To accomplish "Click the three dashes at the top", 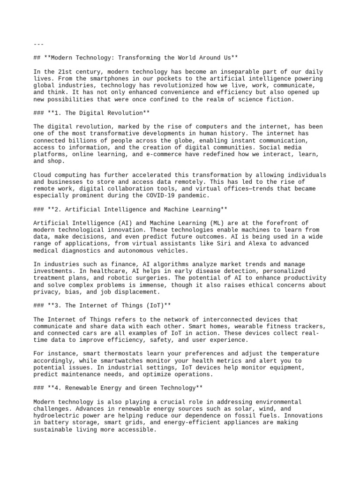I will pyautogui.click(x=38, y=44).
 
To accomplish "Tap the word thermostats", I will pyautogui.click(x=119, y=354).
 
